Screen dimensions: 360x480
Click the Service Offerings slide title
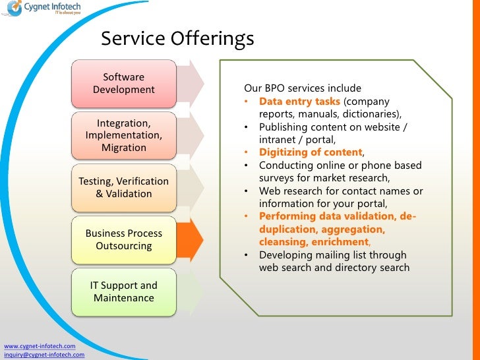[177, 39]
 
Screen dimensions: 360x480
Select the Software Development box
[124, 84]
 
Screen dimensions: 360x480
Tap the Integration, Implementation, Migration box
[124, 135]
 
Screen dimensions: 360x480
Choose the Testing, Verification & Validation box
[124, 187]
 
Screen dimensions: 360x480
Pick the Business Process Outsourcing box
[124, 239]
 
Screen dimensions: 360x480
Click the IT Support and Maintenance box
[124, 291]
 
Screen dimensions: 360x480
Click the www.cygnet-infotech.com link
[40, 346]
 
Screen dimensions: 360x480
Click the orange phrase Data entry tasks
[299, 102]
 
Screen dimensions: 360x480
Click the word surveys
[278, 178]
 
